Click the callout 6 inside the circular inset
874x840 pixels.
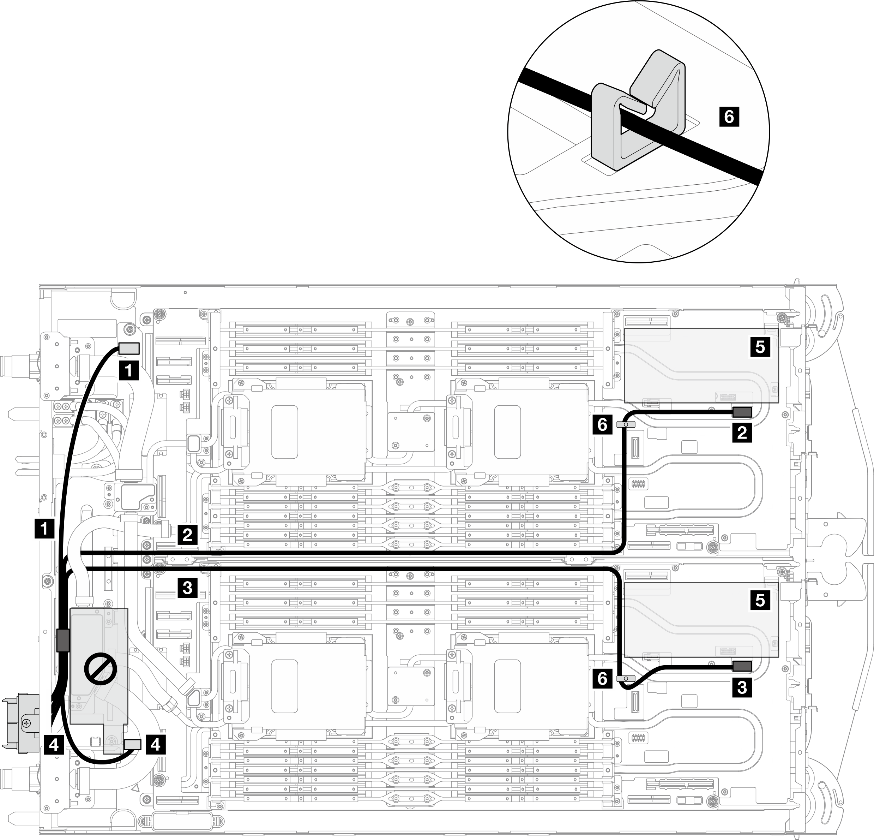pos(729,117)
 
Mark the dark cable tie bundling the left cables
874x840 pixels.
pos(62,639)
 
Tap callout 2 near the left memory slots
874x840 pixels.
pos(187,534)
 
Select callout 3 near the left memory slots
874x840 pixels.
pos(187,588)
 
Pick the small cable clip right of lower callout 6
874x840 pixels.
pos(626,678)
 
